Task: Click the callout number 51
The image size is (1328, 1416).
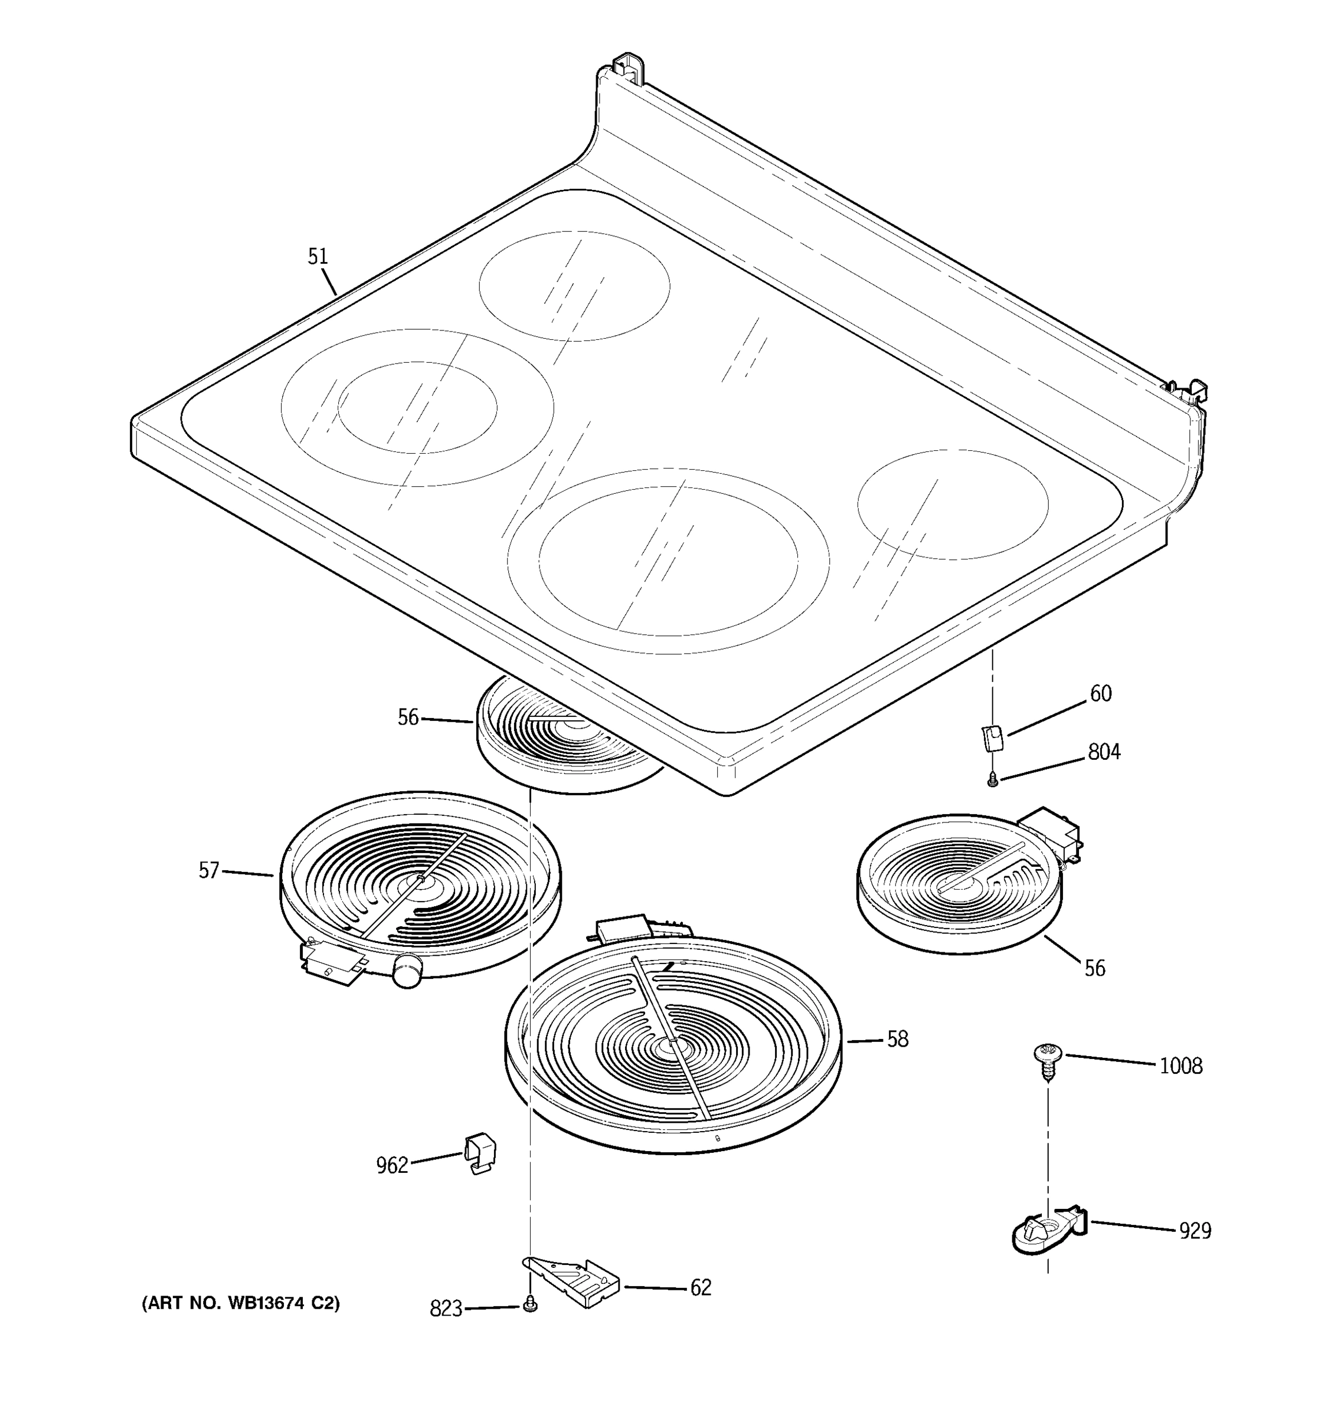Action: tap(318, 257)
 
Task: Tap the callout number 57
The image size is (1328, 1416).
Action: tap(209, 870)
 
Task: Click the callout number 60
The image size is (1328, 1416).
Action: tap(1101, 694)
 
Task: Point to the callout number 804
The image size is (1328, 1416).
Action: tap(1104, 752)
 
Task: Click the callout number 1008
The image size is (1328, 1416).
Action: tap(1180, 1066)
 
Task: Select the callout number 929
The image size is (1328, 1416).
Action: tap(1195, 1231)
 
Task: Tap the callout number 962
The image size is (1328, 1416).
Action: tap(392, 1166)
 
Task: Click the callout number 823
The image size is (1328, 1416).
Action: tap(446, 1309)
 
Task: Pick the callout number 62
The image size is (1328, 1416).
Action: tap(701, 1288)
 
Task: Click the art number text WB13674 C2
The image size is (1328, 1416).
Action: tap(241, 1303)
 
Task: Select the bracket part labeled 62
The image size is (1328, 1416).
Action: tap(574, 1282)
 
